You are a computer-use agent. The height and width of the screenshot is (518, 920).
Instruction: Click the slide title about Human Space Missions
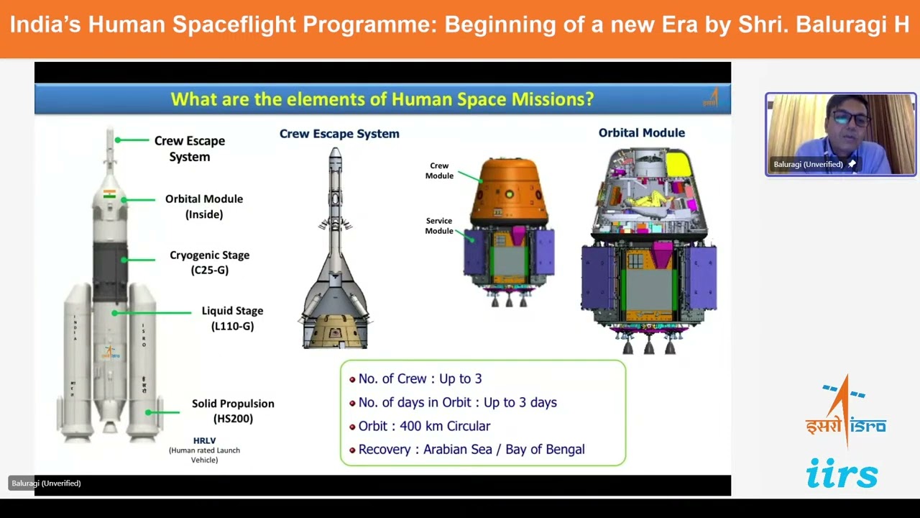coord(382,99)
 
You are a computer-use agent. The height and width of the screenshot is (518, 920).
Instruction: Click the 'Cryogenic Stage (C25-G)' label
coord(209,263)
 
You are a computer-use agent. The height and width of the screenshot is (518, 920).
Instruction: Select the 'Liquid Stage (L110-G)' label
coord(232,318)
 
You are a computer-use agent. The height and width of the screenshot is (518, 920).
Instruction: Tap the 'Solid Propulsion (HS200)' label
coord(233,411)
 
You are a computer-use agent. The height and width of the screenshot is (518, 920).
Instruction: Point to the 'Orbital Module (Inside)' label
coord(204,206)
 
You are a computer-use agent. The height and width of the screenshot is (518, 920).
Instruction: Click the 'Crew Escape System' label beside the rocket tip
coord(190,148)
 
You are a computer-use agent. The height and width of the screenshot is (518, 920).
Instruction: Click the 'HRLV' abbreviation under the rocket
coord(204,440)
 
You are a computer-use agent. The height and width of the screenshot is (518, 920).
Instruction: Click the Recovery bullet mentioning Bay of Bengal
coord(471,450)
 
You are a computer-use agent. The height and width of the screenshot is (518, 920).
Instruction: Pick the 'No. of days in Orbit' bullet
coord(457,403)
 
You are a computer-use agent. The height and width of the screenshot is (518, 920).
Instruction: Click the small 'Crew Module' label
coord(439,171)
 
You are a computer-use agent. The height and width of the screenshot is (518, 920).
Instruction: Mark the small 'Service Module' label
coord(438,226)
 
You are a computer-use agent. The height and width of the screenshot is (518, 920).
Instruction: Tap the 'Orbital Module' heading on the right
coord(641,133)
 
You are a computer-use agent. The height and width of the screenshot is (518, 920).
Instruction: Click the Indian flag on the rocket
coord(109,194)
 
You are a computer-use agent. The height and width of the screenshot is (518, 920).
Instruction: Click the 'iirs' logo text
coord(842,474)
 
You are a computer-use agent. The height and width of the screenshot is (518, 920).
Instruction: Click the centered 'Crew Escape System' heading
coord(339,134)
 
